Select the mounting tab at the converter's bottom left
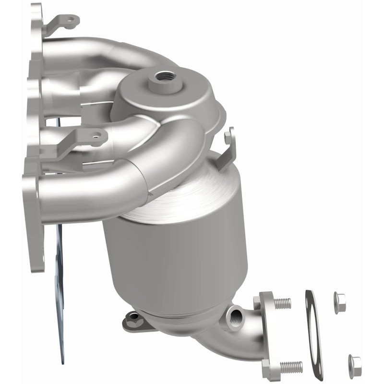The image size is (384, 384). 132,319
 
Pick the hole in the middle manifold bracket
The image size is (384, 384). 98,137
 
